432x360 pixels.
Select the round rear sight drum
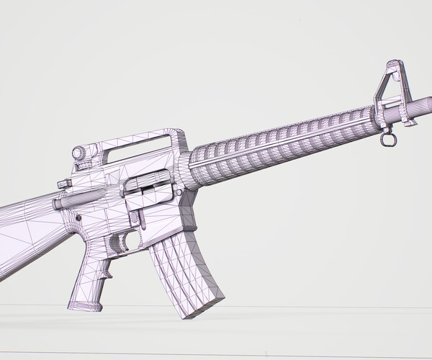pyautogui.click(x=80, y=153)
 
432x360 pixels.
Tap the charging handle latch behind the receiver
pyautogui.click(x=63, y=183)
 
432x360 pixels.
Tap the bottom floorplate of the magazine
pyautogui.click(x=202, y=306)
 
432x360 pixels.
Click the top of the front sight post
pyautogui.click(x=392, y=65)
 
